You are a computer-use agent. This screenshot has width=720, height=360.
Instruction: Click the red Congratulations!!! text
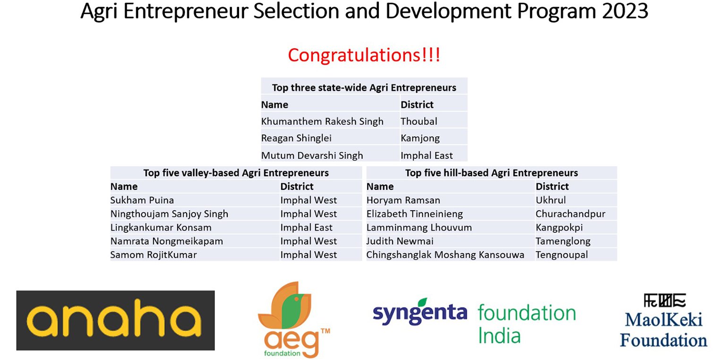tap(364, 55)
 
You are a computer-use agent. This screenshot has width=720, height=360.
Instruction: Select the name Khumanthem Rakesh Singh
tap(322, 121)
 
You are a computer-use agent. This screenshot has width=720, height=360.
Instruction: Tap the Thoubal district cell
tap(419, 121)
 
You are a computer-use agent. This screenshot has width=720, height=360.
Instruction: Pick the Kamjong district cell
tap(420, 138)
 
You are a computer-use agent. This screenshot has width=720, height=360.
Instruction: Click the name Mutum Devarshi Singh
tap(312, 155)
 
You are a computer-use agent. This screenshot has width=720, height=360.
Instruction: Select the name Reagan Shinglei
tap(296, 138)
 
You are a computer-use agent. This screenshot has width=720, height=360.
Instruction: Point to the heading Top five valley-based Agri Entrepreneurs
tap(236, 173)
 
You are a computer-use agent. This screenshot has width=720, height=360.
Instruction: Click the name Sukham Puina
tap(142, 200)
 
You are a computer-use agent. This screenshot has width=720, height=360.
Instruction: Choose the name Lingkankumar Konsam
tap(161, 228)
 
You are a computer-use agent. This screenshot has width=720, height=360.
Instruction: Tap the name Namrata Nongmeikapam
tap(166, 241)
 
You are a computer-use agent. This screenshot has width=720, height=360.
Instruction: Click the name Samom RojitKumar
tap(154, 255)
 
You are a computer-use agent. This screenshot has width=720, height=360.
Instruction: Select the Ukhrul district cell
tap(550, 200)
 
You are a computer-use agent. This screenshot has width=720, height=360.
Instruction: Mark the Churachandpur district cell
tap(571, 214)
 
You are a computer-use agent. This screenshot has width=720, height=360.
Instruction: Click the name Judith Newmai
tap(400, 241)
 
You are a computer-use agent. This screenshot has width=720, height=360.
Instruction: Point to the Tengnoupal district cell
tap(562, 255)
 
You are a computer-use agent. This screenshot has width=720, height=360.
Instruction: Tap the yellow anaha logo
tap(115, 320)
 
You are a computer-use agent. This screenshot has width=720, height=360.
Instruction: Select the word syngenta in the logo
tap(420, 312)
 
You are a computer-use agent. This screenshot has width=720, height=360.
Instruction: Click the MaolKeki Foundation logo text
tap(663, 330)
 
